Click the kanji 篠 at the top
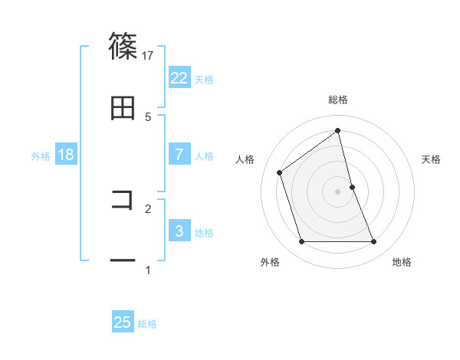coord(123,47)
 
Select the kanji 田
coord(123,109)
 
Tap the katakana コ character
coord(123,201)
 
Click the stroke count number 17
coord(148,54)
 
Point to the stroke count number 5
coord(148,116)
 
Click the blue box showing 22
coord(179,78)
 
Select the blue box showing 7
coord(179,155)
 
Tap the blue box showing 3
coord(179,231)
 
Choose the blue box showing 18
coord(66,155)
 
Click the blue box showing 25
coord(123,322)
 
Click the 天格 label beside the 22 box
coord(204,79)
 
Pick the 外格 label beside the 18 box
coord(41,155)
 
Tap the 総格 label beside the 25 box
coord(148,323)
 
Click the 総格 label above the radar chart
coord(338,100)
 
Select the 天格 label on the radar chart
coord(432,159)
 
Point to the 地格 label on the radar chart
coord(402,262)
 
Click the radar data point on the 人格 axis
coord(280,172)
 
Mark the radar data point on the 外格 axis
coord(301,242)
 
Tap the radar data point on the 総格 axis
coord(338,131)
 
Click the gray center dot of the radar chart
coord(338,191)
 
